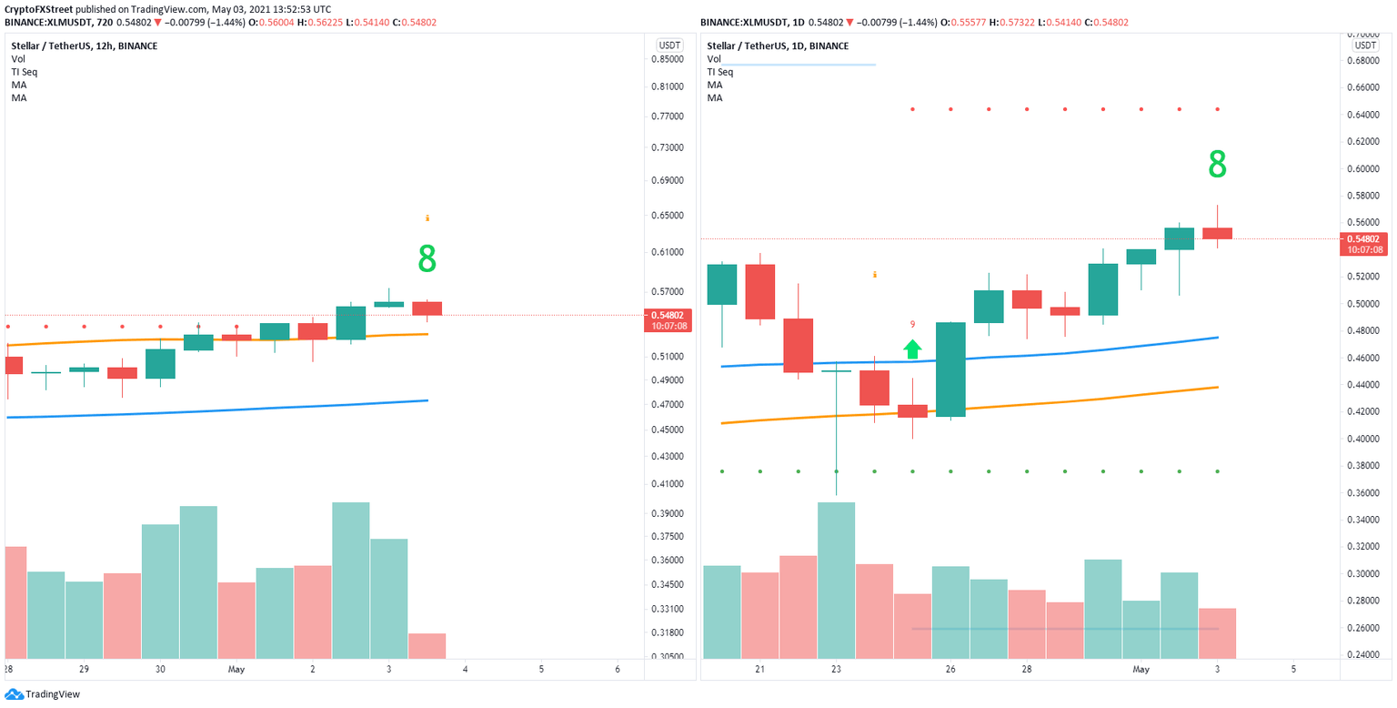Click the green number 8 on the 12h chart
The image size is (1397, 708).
click(427, 259)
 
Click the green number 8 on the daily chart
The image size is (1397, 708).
click(1217, 165)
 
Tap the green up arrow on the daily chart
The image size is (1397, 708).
click(912, 349)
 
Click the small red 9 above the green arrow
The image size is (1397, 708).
click(912, 324)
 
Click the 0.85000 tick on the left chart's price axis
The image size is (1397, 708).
click(668, 59)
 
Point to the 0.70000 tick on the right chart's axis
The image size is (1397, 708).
click(1363, 34)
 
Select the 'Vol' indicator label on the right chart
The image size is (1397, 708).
click(714, 58)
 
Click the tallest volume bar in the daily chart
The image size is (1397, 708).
click(836, 580)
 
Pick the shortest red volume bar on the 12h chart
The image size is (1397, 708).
click(427, 645)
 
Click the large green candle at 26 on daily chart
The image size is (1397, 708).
click(950, 369)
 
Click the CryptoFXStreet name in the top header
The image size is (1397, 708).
click(41, 8)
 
